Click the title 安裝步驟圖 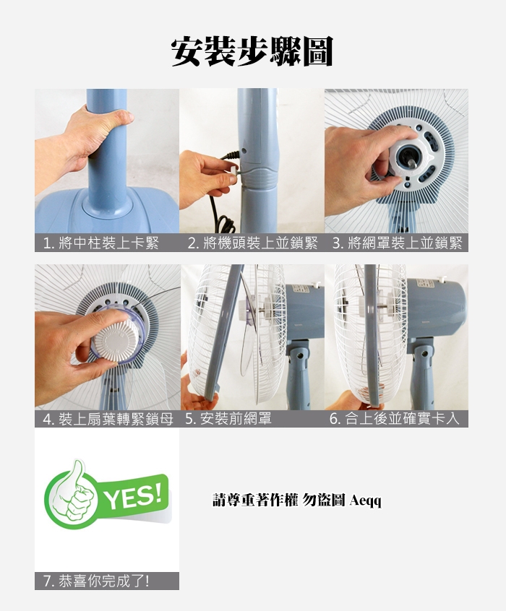tap(252, 51)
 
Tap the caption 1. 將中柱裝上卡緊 tap(101, 243)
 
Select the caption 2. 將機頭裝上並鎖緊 tap(252, 243)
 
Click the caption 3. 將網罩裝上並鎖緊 tap(397, 243)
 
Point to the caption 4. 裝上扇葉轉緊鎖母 tap(108, 419)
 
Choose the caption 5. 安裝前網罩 tap(228, 419)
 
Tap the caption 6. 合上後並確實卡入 tap(395, 419)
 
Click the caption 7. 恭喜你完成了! tap(96, 581)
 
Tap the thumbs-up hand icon tap(74, 495)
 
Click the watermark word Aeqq tap(366, 500)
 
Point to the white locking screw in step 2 tap(233, 170)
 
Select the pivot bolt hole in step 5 tap(299, 356)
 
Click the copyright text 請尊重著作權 tap(255, 500)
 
